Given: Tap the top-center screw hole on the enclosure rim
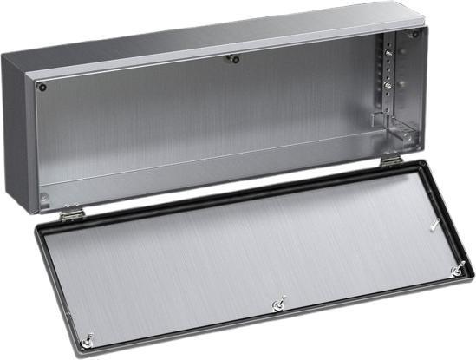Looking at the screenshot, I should (x=231, y=59).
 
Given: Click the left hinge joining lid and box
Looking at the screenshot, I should (x=72, y=213).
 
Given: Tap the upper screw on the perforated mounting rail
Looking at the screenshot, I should (x=388, y=54).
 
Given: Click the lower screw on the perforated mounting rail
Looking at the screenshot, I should (x=388, y=87).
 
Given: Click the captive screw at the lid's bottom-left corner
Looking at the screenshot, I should (x=87, y=340).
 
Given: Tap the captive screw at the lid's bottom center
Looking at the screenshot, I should (x=278, y=304).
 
